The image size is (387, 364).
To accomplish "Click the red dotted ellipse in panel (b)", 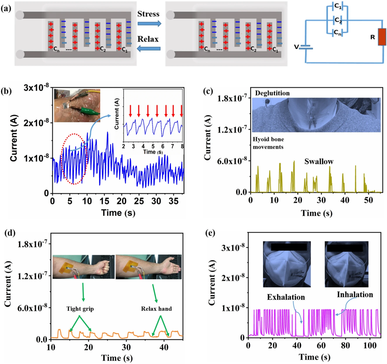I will click(74, 159).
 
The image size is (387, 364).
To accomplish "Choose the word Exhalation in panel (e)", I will click(285, 297).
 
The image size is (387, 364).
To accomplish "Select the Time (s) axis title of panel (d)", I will click(116, 357).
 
